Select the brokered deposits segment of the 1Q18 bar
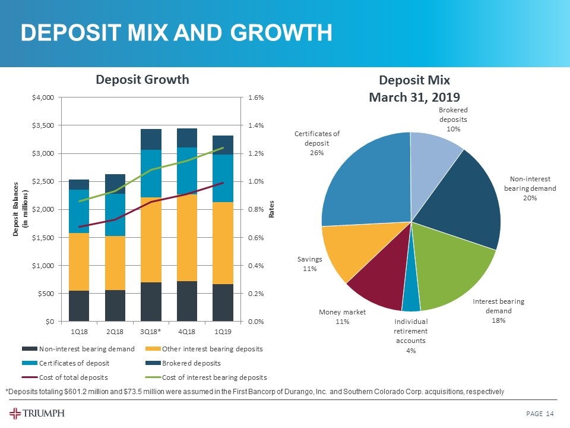pos(79,184)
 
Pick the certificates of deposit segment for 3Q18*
pos(151,174)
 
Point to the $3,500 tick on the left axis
pos(43,125)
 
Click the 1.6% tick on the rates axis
pos(256,97)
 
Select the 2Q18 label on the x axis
pos(115,331)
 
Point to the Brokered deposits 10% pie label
pos(453,119)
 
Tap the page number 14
pos(551,414)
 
